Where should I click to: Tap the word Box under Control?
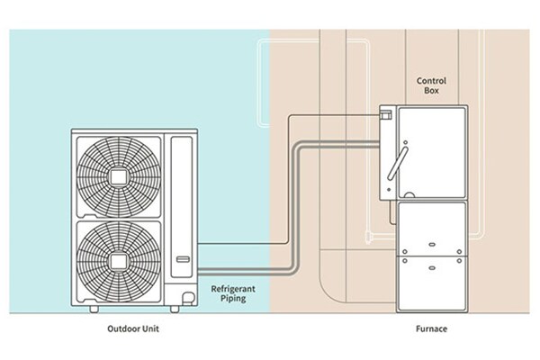[431, 92]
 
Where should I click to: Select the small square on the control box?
[388, 114]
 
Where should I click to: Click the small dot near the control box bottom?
[388, 191]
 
